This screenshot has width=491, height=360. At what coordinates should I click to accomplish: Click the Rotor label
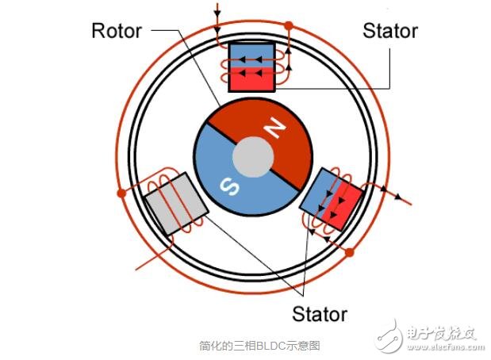[117, 31]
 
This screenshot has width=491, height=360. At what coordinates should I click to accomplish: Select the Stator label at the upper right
[390, 31]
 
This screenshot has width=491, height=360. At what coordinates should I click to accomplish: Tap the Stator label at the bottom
[320, 314]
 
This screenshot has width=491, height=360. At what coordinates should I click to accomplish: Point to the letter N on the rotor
[274, 128]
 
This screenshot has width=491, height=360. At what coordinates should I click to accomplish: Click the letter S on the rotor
[229, 186]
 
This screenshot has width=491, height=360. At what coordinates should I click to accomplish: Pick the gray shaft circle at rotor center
[253, 157]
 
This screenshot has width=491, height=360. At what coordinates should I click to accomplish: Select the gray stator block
[176, 204]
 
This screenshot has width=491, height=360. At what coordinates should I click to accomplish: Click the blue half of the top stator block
[251, 55]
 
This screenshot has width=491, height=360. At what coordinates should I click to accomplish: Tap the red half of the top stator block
[251, 79]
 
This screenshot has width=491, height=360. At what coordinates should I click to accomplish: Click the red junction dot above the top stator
[289, 25]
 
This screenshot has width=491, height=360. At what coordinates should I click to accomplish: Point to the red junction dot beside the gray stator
[121, 193]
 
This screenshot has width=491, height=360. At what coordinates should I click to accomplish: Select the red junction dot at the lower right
[350, 252]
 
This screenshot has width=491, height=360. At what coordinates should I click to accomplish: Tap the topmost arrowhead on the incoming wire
[217, 13]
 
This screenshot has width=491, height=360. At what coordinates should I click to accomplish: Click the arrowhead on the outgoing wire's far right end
[397, 197]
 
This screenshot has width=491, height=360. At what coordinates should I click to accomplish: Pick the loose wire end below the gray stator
[136, 269]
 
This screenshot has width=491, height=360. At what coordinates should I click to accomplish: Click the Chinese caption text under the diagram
[259, 346]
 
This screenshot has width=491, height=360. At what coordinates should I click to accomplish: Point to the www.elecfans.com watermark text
[446, 347]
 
